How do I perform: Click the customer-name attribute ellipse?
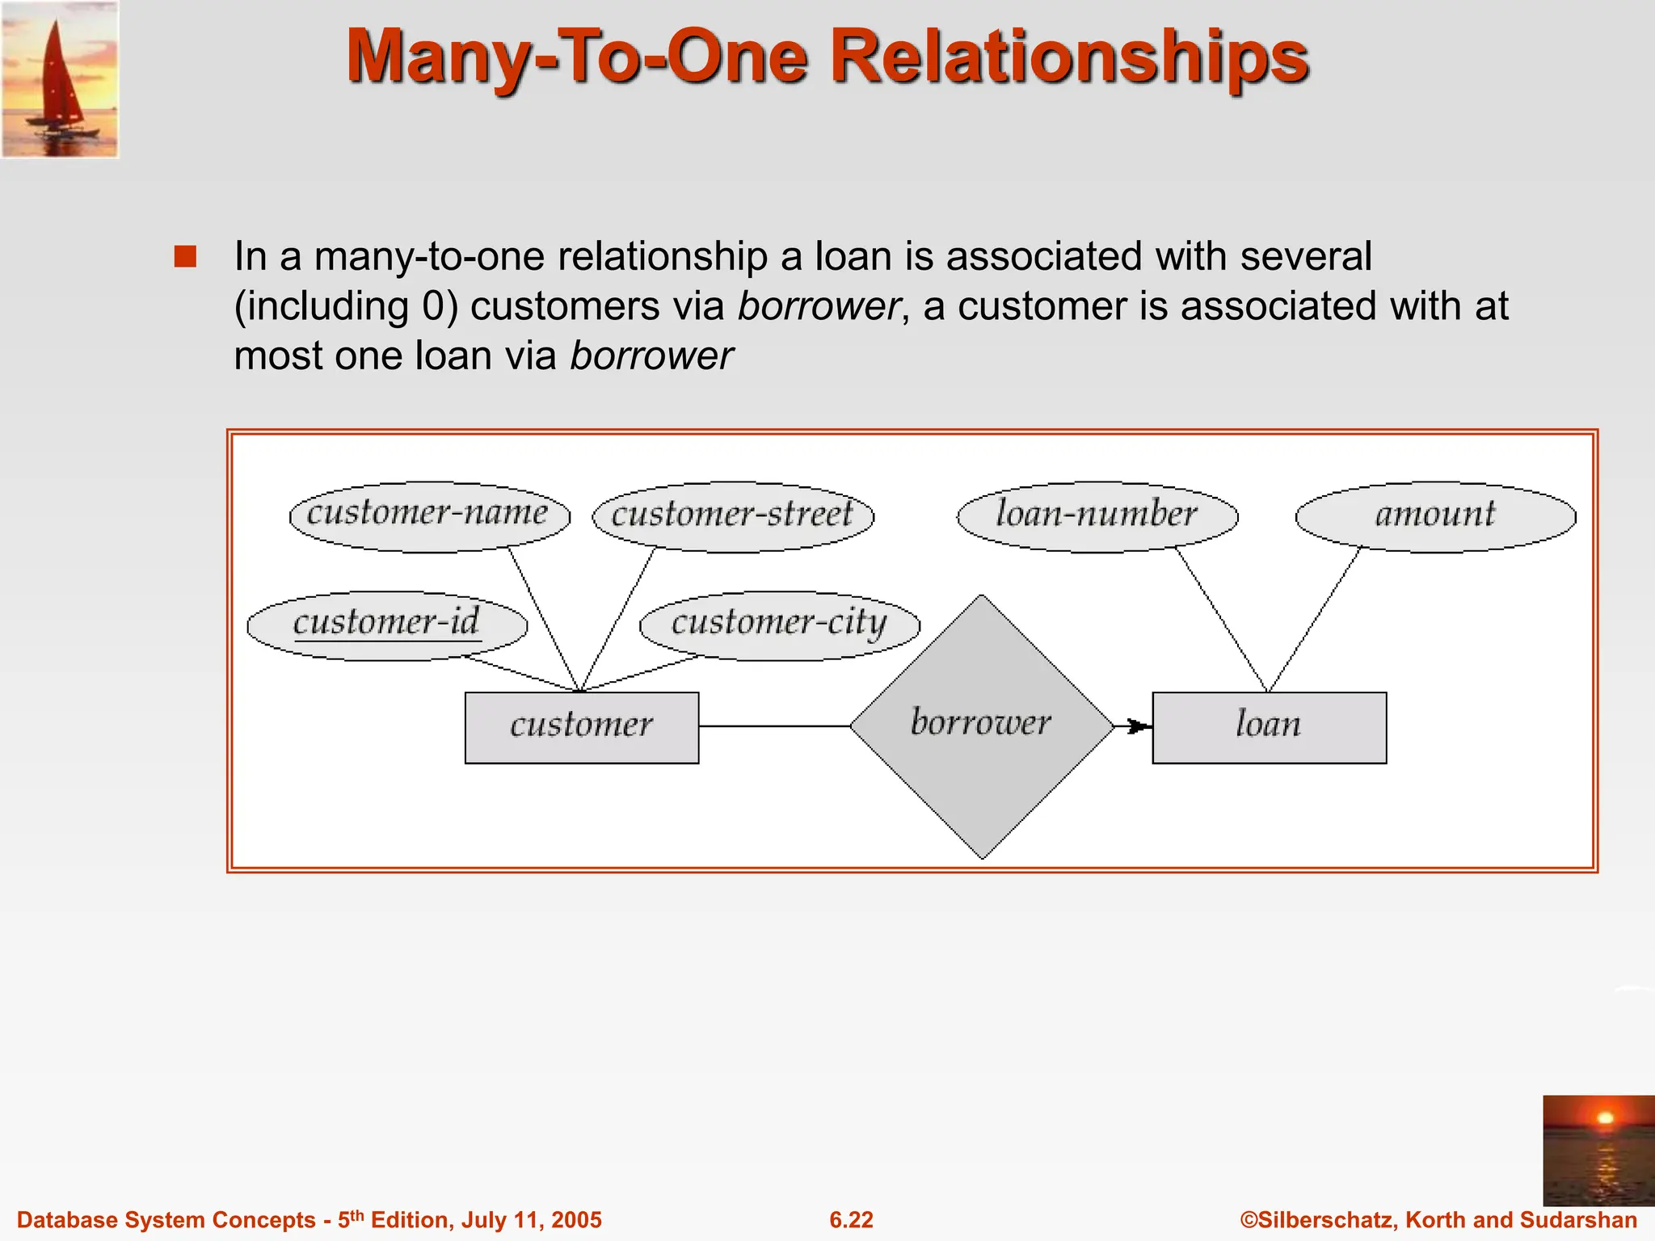pos(429,516)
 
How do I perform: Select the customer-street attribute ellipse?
pos(733,516)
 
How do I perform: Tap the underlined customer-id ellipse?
pos(387,625)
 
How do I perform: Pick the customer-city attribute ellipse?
pos(779,625)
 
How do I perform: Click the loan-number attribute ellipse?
pos(1097,516)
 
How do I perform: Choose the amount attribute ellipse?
pos(1435,516)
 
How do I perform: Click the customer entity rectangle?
pos(581,727)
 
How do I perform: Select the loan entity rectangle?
pos(1269,727)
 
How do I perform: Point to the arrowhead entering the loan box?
pos(1138,726)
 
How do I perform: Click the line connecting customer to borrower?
pos(774,726)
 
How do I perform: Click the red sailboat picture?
pos(60,79)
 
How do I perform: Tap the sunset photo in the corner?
pos(1598,1151)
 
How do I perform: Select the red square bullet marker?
pos(185,257)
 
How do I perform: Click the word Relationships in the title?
pos(1069,58)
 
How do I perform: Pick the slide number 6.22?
pos(851,1219)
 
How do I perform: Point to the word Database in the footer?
pos(68,1219)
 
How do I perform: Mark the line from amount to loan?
pos(1316,618)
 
